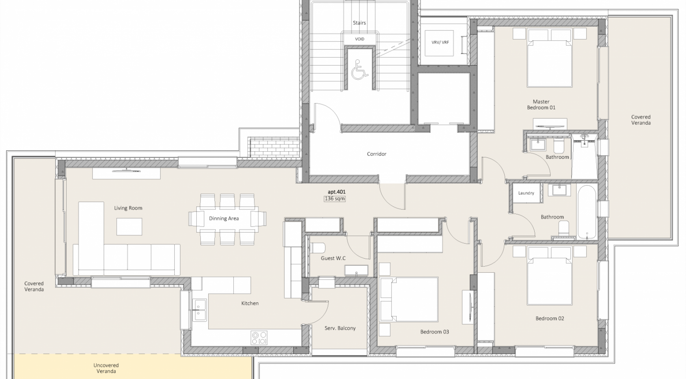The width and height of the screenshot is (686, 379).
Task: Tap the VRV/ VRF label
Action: click(440, 42)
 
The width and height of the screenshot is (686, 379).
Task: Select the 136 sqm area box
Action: click(335, 199)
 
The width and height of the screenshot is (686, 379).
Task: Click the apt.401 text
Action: click(337, 192)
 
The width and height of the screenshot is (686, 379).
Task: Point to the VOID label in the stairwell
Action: click(360, 39)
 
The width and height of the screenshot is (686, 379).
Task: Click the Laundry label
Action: click(526, 193)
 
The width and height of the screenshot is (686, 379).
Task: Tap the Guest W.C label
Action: click(333, 258)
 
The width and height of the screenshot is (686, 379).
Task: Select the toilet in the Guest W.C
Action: click(317, 248)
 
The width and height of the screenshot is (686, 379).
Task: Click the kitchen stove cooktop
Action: click(259, 338)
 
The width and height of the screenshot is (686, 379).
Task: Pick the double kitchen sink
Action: click(199, 310)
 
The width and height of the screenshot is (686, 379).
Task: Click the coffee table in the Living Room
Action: click(129, 227)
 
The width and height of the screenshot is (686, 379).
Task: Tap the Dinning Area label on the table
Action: click(224, 218)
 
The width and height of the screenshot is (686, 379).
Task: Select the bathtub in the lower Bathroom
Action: click(587, 212)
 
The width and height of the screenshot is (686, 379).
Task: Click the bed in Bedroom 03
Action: click(408, 299)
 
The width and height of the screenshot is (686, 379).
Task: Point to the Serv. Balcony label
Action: click(340, 328)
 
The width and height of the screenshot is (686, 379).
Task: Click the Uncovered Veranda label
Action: click(106, 368)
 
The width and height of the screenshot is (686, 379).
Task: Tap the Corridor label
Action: click(377, 154)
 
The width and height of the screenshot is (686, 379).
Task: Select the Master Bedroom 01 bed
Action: click(550, 58)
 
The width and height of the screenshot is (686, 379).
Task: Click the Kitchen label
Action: click(250, 303)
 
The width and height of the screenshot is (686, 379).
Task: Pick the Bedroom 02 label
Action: click(550, 318)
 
